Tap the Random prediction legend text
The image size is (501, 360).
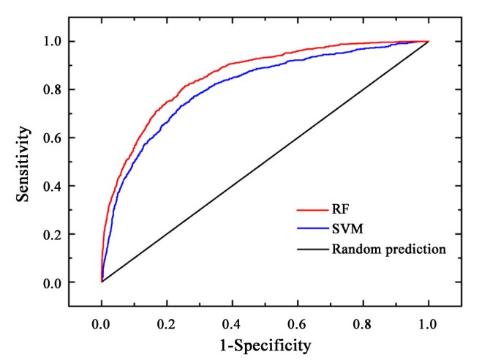(x=388, y=249)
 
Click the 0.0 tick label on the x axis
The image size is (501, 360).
(x=101, y=320)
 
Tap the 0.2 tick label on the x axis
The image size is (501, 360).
(x=167, y=320)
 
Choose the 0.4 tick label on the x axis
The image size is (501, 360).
(x=232, y=320)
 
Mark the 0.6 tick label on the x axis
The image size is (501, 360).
(x=298, y=320)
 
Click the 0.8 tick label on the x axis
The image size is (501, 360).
(x=363, y=320)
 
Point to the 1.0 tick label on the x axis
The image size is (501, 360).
(x=428, y=320)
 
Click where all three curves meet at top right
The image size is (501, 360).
(x=428, y=42)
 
